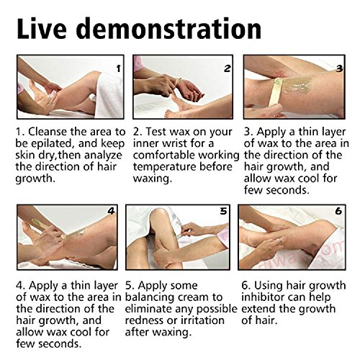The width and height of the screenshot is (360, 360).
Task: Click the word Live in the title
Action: pos(42,28)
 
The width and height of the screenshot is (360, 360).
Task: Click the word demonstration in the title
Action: pos(168,28)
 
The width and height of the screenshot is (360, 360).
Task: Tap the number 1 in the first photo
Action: pos(118,69)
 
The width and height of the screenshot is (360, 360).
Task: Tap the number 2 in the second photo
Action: pos(227,68)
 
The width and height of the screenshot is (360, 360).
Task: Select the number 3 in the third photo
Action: pos(339,69)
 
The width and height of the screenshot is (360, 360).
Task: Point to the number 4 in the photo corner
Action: pos(111,211)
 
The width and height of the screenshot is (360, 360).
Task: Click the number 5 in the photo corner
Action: pos(223,211)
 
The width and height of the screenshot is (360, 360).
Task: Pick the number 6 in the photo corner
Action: pos(338,211)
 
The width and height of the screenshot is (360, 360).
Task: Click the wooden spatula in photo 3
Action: pos(275,92)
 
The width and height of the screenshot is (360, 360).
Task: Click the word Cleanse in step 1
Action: pos(48,132)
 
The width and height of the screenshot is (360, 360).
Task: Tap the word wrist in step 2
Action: pos(174,143)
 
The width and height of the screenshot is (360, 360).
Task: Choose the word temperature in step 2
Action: pos(164,167)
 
